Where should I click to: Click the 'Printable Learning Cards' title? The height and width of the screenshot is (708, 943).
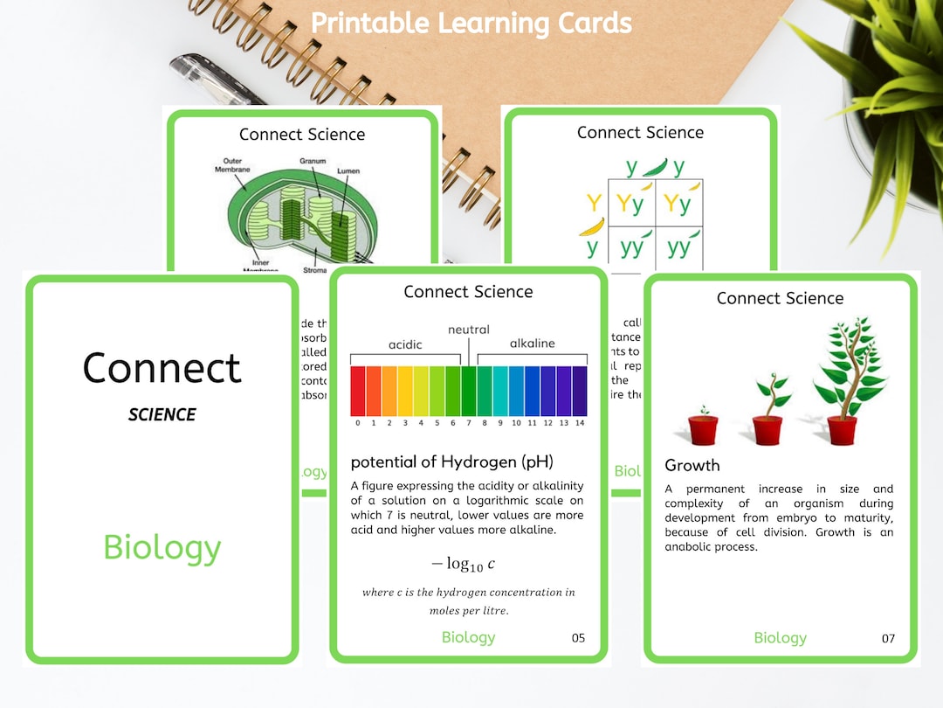click(x=471, y=23)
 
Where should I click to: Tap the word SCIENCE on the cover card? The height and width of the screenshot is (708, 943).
click(x=162, y=415)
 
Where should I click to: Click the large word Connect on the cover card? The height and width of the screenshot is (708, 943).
click(x=162, y=368)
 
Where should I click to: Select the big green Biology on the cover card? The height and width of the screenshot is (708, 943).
click(x=162, y=548)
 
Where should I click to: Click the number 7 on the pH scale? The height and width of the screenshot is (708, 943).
click(x=469, y=423)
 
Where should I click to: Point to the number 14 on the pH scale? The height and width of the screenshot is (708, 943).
click(x=579, y=423)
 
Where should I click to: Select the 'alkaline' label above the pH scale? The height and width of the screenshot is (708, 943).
click(x=533, y=344)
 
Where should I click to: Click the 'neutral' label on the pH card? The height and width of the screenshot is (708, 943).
click(x=469, y=330)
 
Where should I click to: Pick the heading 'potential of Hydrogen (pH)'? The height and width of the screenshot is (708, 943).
click(x=451, y=462)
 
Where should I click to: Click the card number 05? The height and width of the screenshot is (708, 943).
click(x=578, y=638)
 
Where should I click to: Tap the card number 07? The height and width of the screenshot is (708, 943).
click(x=888, y=638)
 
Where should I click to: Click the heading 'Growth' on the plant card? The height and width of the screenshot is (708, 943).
click(x=692, y=465)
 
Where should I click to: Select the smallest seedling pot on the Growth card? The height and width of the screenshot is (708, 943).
click(x=703, y=427)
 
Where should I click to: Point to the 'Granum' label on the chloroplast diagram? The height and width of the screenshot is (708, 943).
click(x=313, y=162)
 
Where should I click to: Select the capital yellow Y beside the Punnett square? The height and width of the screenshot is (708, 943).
click(x=594, y=204)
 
